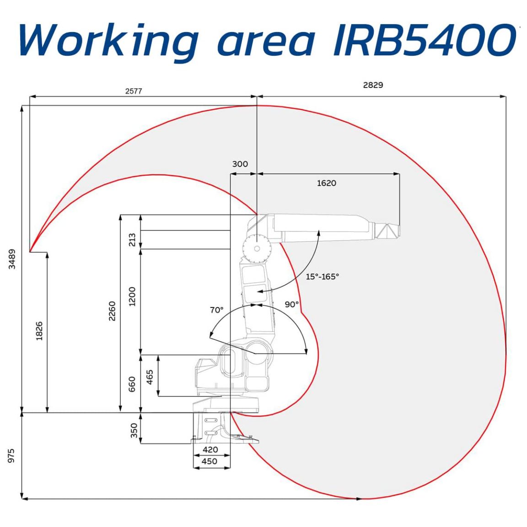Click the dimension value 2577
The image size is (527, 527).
(x=134, y=91)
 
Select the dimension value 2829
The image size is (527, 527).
(x=373, y=85)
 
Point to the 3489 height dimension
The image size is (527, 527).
(x=12, y=259)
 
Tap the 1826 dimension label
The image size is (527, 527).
(x=39, y=331)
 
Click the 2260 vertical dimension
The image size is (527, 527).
(x=112, y=311)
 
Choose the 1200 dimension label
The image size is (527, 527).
(x=132, y=296)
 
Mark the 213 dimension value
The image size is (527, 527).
(x=132, y=240)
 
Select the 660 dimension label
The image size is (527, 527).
(x=132, y=384)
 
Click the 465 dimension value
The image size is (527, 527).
(x=150, y=377)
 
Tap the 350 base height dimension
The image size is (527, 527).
(x=134, y=430)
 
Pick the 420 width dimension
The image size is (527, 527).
(x=210, y=450)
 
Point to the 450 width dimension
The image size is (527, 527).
(x=210, y=461)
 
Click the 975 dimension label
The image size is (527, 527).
(x=12, y=456)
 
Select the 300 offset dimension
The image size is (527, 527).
(x=240, y=164)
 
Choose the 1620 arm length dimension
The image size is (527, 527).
(x=327, y=183)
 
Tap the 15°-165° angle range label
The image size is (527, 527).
(x=323, y=277)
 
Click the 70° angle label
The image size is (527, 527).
(x=216, y=310)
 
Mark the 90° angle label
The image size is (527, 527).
(x=291, y=305)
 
